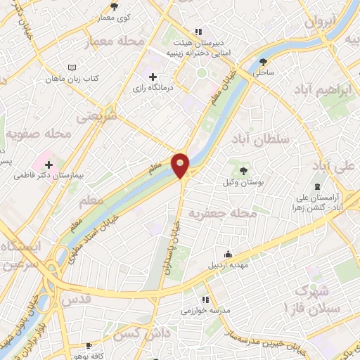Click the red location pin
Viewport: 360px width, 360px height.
(x=181, y=164)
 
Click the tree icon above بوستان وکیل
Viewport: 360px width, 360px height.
(x=244, y=170)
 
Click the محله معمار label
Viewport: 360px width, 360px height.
(x=117, y=42)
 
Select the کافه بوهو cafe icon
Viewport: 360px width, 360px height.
(x=89, y=346)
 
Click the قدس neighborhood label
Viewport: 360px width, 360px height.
(x=77, y=300)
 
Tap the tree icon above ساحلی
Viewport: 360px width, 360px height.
(x=264, y=60)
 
